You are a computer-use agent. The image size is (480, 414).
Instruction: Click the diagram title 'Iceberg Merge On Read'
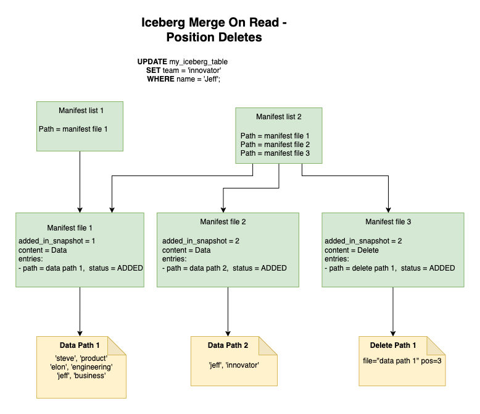pyautogui.click(x=214, y=23)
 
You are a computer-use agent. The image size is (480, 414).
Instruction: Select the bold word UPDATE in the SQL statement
pyautogui.click(x=152, y=62)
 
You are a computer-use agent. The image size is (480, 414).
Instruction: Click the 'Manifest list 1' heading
pyautogui.click(x=80, y=111)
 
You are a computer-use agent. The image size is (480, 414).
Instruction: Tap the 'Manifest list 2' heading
pyautogui.click(x=279, y=116)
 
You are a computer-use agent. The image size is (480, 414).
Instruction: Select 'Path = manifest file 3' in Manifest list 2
pyautogui.click(x=275, y=153)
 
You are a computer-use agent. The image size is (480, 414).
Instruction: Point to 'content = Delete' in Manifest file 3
pyautogui.click(x=352, y=250)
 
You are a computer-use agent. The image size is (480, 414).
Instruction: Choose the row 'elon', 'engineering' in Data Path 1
pyautogui.click(x=81, y=366)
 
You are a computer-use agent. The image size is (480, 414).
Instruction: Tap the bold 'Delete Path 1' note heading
pyautogui.click(x=393, y=345)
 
